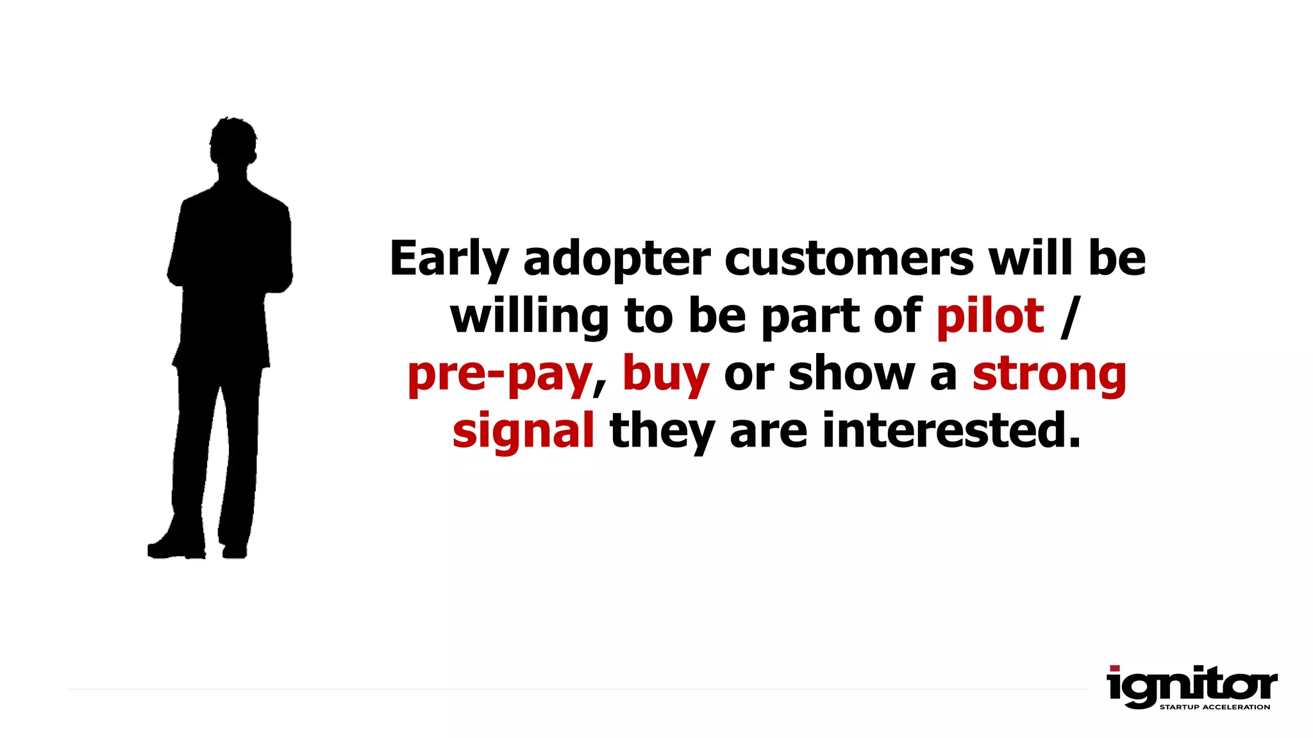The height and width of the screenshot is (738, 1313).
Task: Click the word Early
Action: [x=449, y=259]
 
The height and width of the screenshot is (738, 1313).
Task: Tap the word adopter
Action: [x=617, y=259]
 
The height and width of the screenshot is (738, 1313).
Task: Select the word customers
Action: [x=849, y=258]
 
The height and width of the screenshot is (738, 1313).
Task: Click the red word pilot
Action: [x=990, y=316]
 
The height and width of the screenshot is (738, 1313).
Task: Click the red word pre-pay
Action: [x=499, y=374]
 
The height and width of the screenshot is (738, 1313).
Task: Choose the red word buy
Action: [x=665, y=374]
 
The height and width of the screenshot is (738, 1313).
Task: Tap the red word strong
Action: [x=1049, y=374]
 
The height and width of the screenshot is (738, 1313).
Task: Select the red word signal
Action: [x=523, y=431]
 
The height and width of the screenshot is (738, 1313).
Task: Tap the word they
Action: [x=662, y=431]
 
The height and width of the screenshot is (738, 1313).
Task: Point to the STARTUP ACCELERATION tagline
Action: [x=1214, y=707]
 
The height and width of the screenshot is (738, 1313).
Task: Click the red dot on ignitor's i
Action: [x=1115, y=668]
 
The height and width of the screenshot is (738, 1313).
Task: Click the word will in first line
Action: [x=1030, y=258]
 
